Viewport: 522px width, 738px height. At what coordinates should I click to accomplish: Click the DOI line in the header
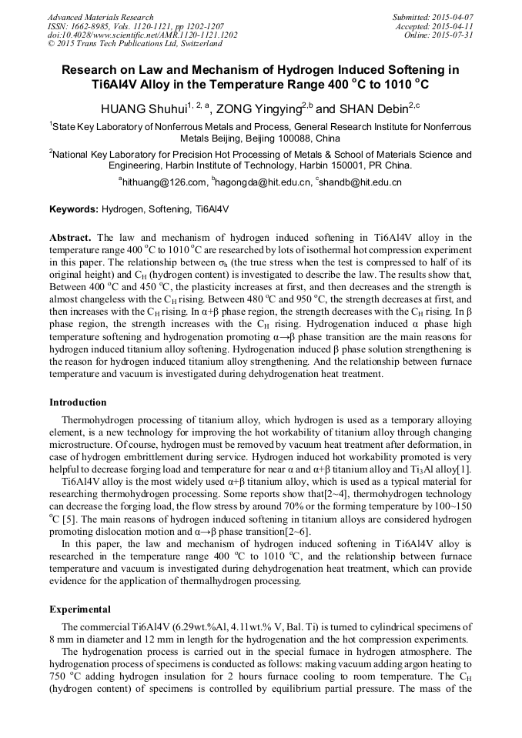pos(142,35)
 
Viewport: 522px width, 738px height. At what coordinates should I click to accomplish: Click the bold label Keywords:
pos(74,209)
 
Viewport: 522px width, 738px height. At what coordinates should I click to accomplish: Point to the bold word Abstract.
pos(71,238)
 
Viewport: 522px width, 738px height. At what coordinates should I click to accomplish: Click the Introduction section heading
pos(78,402)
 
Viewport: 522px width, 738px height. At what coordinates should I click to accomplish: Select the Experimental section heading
pos(79,609)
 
